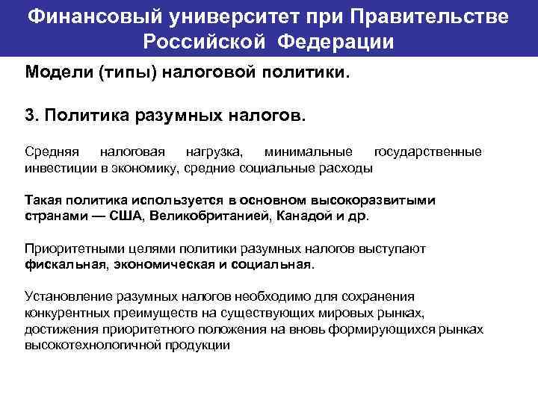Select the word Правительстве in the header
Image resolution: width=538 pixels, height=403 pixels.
[x=432, y=16]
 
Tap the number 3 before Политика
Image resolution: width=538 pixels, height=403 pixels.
[x=29, y=116]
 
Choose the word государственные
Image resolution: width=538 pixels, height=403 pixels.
[x=427, y=153]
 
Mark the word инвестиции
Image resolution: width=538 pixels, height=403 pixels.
[x=60, y=168]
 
